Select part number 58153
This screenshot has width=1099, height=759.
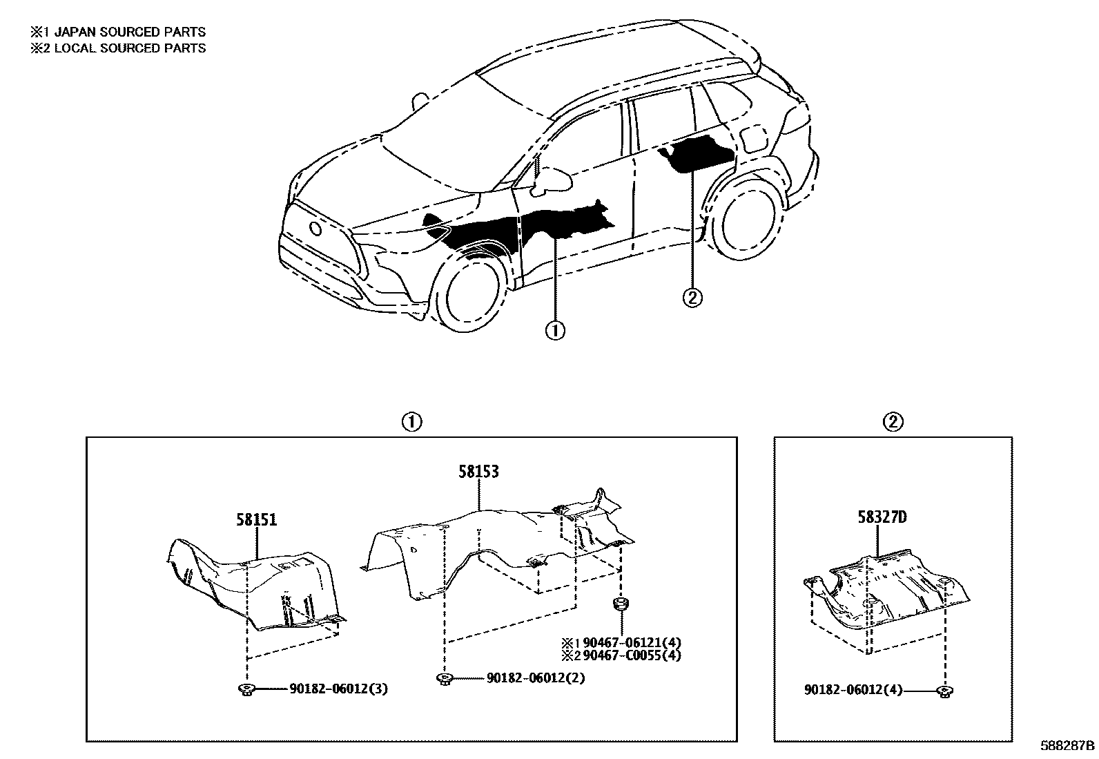[478, 472]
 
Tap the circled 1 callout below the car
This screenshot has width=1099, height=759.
[555, 332]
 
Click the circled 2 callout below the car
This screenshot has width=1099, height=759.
[692, 298]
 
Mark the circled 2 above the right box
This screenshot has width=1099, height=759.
[893, 421]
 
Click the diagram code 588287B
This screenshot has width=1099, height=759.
[1069, 747]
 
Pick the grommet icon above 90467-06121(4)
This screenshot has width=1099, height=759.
[620, 606]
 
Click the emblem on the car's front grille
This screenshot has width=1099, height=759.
[316, 229]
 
